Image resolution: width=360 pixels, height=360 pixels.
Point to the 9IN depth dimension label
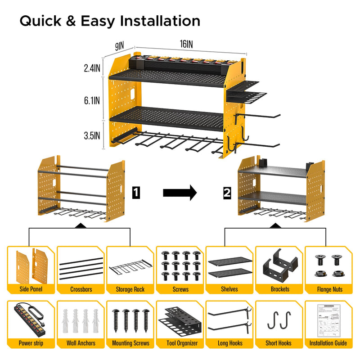click(119, 45)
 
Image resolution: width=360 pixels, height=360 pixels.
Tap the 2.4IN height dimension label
click(92, 68)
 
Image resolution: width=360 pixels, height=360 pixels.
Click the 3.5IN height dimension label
click(92, 135)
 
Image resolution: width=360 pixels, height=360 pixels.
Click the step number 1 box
click(137, 193)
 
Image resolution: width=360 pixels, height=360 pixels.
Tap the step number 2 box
click(227, 193)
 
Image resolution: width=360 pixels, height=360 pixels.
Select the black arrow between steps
click(180, 193)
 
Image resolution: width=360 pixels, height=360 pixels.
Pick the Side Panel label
click(31, 289)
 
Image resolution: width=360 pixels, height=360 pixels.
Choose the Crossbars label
click(81, 289)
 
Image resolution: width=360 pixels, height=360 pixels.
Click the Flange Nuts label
click(328, 289)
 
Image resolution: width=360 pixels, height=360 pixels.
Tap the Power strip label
click(31, 343)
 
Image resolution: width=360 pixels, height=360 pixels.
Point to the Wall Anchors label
click(81, 343)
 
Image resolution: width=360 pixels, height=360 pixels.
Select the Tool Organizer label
click(180, 343)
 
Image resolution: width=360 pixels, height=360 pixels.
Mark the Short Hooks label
click(279, 343)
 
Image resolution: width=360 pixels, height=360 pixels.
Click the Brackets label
click(279, 289)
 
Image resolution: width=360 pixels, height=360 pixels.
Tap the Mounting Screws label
click(130, 343)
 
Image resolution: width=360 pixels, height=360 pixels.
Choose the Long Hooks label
click(229, 343)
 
